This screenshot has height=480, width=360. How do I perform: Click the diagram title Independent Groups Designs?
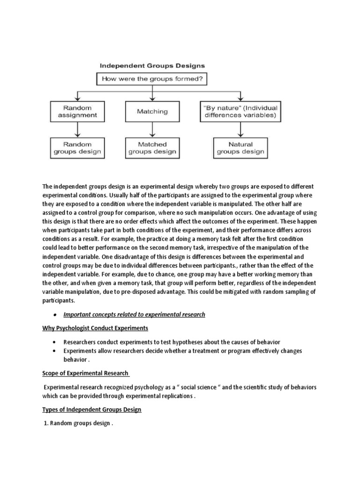150,66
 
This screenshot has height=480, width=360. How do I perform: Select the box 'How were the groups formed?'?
151,79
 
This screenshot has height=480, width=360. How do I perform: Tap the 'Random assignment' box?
77,111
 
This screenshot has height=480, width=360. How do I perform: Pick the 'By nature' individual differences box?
240,111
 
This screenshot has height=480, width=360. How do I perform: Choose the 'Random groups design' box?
77,148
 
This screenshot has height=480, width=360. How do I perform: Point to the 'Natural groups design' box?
240,148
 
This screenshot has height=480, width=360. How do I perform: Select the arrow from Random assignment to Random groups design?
77,130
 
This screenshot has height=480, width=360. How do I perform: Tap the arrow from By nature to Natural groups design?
240,130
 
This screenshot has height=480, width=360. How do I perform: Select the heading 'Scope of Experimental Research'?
85,373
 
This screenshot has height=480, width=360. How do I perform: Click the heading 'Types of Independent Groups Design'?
92,409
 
